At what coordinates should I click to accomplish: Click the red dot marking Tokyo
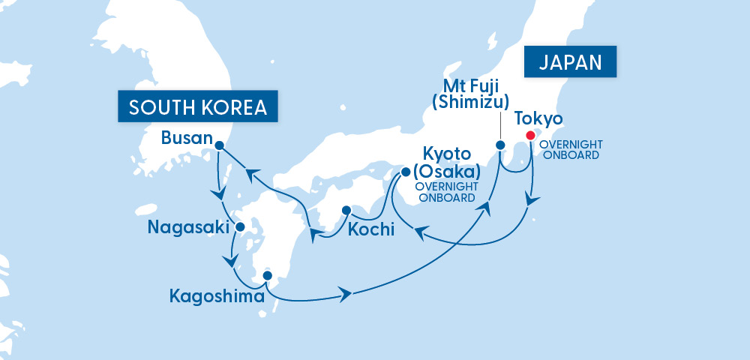tap(531, 136)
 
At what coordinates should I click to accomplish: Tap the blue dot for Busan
tap(219, 145)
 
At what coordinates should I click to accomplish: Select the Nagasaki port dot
tap(240, 226)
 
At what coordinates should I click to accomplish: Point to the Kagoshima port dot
tap(267, 275)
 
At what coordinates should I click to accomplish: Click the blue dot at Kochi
tap(346, 211)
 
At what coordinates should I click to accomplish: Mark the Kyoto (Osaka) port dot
tap(406, 172)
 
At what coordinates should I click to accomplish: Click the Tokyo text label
tap(538, 119)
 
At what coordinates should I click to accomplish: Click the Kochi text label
tap(370, 229)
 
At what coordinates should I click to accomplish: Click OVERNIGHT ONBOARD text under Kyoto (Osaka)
tap(448, 193)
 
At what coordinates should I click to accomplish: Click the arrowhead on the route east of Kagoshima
tap(346, 293)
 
